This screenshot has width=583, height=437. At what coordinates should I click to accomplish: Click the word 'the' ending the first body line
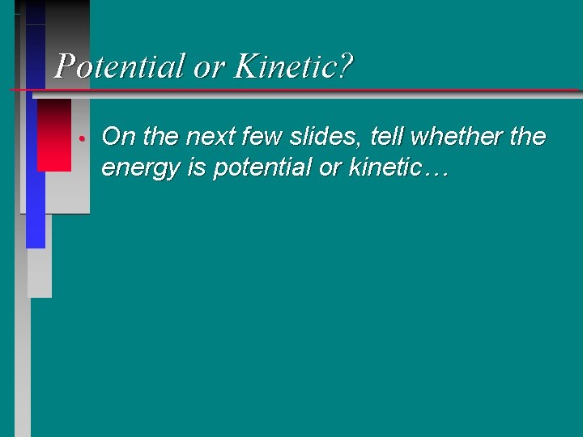coord(528,137)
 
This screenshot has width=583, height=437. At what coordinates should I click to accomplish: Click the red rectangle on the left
coord(54,134)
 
